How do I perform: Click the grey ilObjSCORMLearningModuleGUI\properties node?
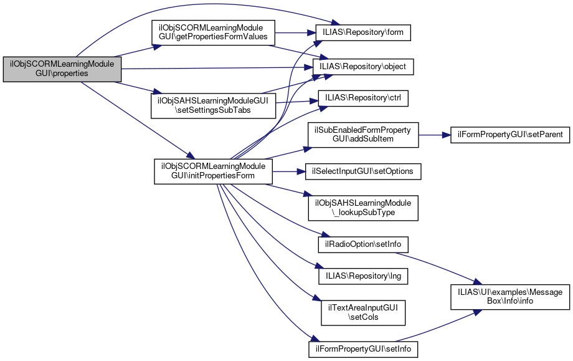tap(62, 69)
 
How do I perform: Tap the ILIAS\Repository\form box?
tap(364, 32)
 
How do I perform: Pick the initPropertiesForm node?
tap(213, 171)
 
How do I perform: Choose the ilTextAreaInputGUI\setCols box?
tap(363, 312)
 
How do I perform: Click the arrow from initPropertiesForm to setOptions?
tap(288, 171)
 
